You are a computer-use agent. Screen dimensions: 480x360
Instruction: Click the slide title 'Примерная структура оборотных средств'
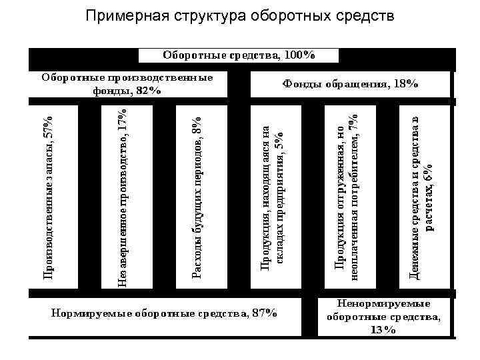[x=239, y=15]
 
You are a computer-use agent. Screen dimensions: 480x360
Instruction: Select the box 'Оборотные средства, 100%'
[x=239, y=55]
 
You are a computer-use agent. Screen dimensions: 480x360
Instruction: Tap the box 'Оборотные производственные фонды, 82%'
[x=129, y=85]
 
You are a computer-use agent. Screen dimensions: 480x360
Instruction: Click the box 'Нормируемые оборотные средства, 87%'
[x=164, y=313]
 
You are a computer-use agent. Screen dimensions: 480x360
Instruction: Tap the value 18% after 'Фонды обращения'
[x=405, y=85]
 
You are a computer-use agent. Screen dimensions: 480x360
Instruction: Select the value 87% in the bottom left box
[x=264, y=313]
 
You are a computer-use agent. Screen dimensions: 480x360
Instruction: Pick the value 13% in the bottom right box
[x=384, y=330]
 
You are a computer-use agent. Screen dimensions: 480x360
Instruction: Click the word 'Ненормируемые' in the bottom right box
[x=383, y=304]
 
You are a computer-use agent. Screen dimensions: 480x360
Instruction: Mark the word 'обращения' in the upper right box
[x=359, y=85]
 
